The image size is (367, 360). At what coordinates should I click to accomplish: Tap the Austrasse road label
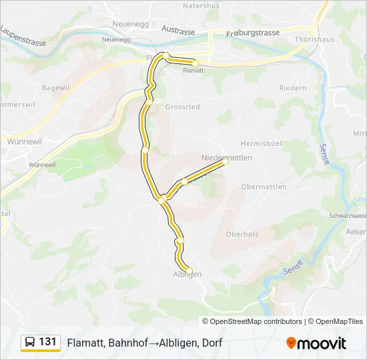[x=177, y=31]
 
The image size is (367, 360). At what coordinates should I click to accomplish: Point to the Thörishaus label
[x=309, y=39]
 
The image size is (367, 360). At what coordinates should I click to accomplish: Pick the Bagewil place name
[x=56, y=87]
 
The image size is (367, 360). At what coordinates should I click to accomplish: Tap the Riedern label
[x=293, y=88]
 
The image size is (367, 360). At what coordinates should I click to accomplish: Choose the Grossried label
[x=182, y=107]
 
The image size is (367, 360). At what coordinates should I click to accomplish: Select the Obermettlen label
[x=264, y=187]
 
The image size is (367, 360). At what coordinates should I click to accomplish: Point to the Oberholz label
[x=242, y=234]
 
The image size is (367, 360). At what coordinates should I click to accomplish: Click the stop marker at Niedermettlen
[x=226, y=161]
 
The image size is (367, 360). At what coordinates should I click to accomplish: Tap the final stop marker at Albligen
[x=190, y=270]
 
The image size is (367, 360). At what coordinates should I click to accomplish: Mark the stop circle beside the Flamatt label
[x=195, y=63]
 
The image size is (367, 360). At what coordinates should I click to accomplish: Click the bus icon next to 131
[x=30, y=343]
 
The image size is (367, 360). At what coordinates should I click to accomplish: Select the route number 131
[x=48, y=342]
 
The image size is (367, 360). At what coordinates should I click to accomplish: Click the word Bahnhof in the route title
[x=128, y=343]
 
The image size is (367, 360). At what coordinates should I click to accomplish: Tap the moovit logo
[x=316, y=343]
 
